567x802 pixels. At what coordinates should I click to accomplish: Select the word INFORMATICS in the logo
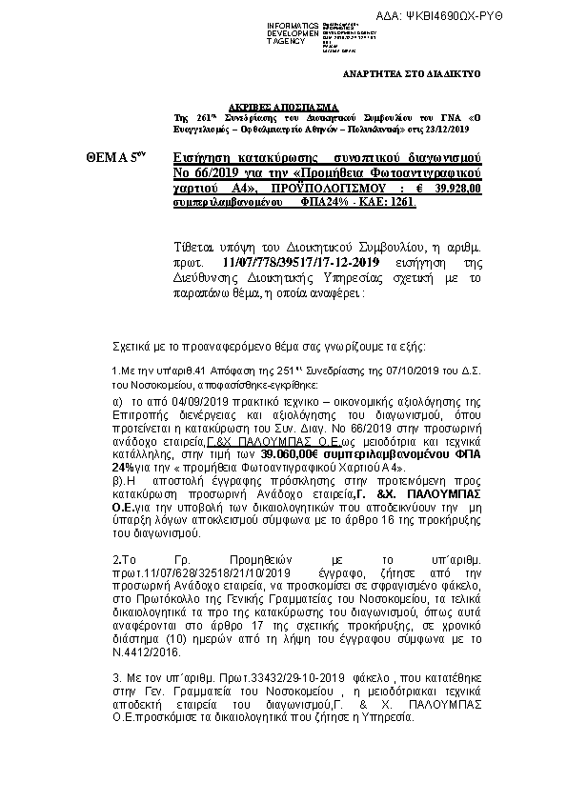pos(293,22)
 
